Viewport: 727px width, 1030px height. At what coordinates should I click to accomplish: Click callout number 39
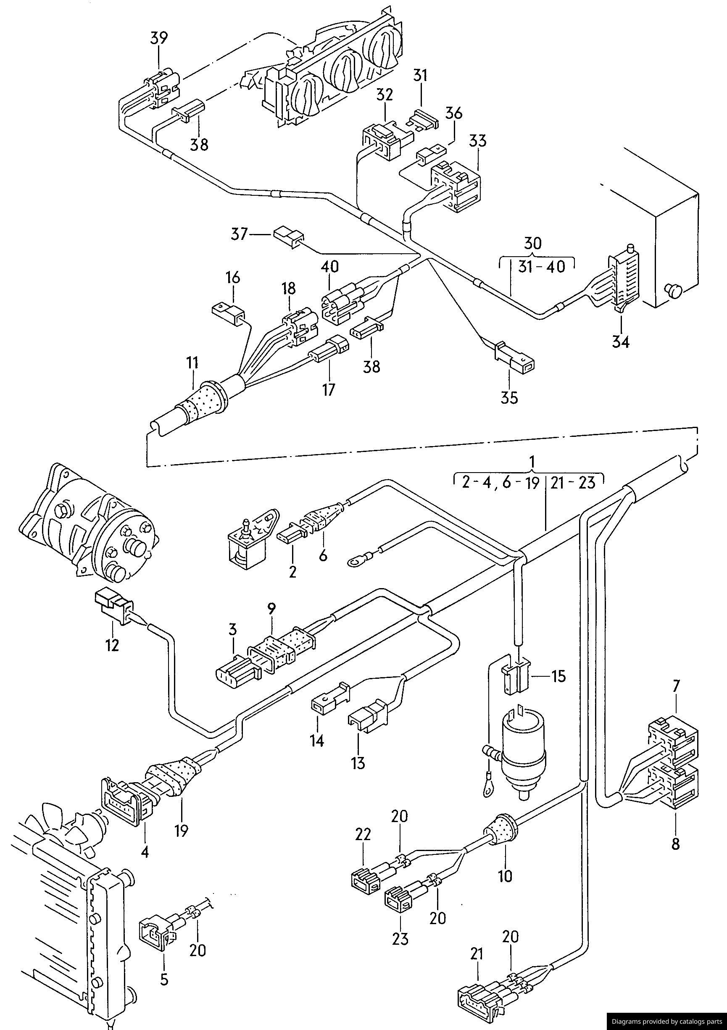pos(159,39)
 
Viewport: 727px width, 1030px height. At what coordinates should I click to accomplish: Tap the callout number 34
pos(621,342)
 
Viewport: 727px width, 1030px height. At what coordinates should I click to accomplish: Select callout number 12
pos(112,645)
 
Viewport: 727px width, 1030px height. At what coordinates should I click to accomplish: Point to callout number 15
pos(559,676)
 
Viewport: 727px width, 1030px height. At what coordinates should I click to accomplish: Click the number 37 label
pos(239,234)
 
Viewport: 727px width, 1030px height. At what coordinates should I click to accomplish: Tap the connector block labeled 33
pos(455,187)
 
